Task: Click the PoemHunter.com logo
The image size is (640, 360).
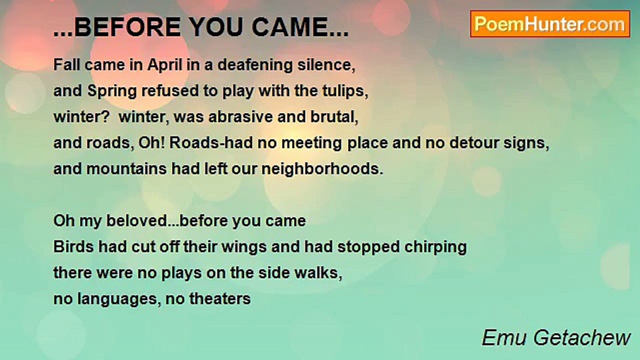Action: pos(550,24)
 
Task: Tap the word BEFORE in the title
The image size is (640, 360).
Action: pos(127,27)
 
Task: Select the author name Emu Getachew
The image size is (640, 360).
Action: pos(556,337)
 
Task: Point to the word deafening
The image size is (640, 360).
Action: pos(255,65)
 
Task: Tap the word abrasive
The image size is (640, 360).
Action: pos(240,117)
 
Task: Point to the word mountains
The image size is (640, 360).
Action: pos(126,169)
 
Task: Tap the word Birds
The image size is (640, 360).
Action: pos(73,246)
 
